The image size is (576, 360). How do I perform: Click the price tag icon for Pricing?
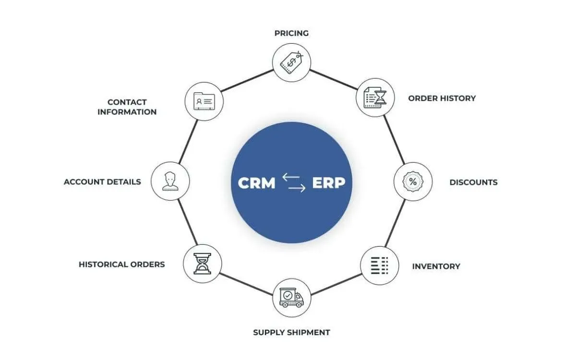click(x=291, y=62)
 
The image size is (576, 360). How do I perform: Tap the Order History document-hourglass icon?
click(x=375, y=98)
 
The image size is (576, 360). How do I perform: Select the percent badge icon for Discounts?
click(x=413, y=182)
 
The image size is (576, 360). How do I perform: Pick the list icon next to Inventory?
click(x=379, y=265)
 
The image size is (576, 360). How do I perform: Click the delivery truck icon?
click(x=291, y=298)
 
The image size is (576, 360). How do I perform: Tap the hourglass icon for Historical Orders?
click(x=202, y=263)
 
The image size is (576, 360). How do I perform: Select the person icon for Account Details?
click(x=170, y=181)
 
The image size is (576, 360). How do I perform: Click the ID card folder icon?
click(x=204, y=101)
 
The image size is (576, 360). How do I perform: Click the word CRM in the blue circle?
click(x=257, y=183)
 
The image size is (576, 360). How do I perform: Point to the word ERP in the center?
click(x=328, y=183)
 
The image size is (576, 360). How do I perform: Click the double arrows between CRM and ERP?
click(x=293, y=183)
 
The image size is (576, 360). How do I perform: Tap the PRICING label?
click(x=291, y=33)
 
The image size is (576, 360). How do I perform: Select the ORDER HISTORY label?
click(x=442, y=98)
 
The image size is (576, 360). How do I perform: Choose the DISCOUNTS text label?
click(x=473, y=182)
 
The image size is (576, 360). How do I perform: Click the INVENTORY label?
click(x=436, y=266)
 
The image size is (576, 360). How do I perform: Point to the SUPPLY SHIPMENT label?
click(x=291, y=332)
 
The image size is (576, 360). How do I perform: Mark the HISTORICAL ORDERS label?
click(x=121, y=264)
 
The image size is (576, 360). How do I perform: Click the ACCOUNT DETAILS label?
click(x=102, y=182)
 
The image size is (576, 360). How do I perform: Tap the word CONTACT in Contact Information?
click(x=127, y=102)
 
